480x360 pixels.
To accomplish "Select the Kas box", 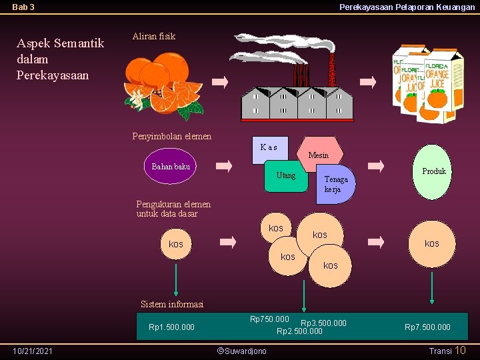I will (269, 149).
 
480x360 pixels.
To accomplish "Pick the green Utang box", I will (285, 177).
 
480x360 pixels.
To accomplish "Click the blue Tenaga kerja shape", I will (335, 184).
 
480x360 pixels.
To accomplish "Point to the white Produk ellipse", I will (433, 172).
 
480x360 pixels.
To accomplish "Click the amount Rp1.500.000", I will (171, 327).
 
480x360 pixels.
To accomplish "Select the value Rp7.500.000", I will (427, 327).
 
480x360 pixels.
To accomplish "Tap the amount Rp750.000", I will (269, 319).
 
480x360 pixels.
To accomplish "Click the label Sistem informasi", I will (172, 305).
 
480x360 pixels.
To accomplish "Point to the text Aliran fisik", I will (154, 37).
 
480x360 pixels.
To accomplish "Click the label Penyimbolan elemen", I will (172, 137).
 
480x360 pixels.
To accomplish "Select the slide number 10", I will (461, 351).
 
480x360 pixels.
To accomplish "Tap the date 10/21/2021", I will (33, 351).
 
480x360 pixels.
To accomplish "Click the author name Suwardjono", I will (243, 351).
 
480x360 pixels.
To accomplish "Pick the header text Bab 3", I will (23, 7).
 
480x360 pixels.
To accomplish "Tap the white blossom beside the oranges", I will (138, 99).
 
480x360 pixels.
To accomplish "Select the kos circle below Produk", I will (432, 243).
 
